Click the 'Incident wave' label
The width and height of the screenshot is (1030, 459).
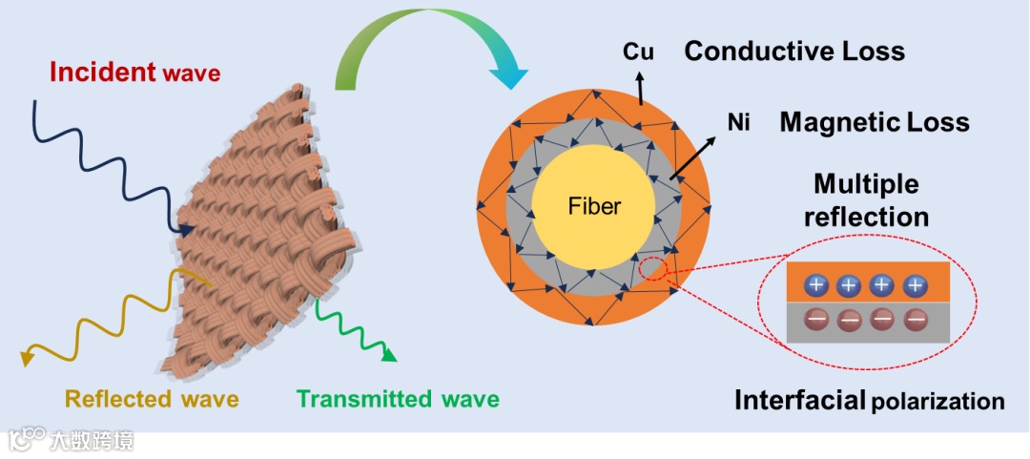[x=134, y=72]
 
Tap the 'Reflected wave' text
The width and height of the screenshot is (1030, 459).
[x=152, y=397]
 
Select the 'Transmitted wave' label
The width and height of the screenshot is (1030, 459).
[x=398, y=398]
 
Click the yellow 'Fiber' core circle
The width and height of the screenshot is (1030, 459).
[x=593, y=205]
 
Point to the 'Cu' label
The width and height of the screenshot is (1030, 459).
[x=636, y=51]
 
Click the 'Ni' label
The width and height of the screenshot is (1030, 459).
[x=737, y=121]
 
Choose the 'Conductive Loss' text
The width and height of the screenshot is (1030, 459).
[x=794, y=51]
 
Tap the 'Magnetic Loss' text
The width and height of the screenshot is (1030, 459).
[x=874, y=122]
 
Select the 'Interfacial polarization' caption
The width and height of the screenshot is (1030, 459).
[x=869, y=401]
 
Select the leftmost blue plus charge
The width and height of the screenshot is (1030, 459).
[x=816, y=284]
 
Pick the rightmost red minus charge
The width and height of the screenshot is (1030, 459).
[x=916, y=319]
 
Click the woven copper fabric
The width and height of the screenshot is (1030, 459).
[x=253, y=239]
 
